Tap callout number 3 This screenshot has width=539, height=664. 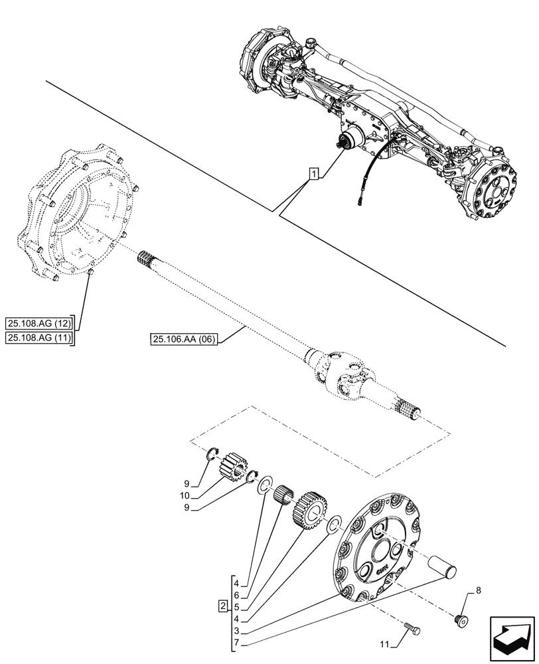tap(237, 630)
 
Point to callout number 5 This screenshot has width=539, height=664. tap(237, 606)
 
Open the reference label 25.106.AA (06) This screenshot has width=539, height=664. tap(179, 340)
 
